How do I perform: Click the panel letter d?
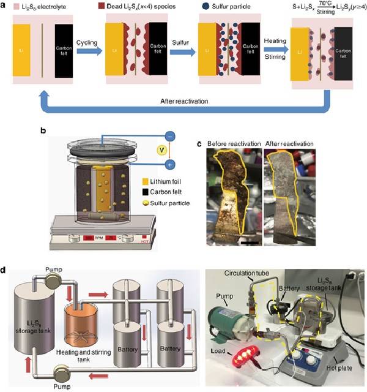click(5, 268)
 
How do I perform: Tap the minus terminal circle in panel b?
click(169, 135)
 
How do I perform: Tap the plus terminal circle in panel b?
click(169, 164)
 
